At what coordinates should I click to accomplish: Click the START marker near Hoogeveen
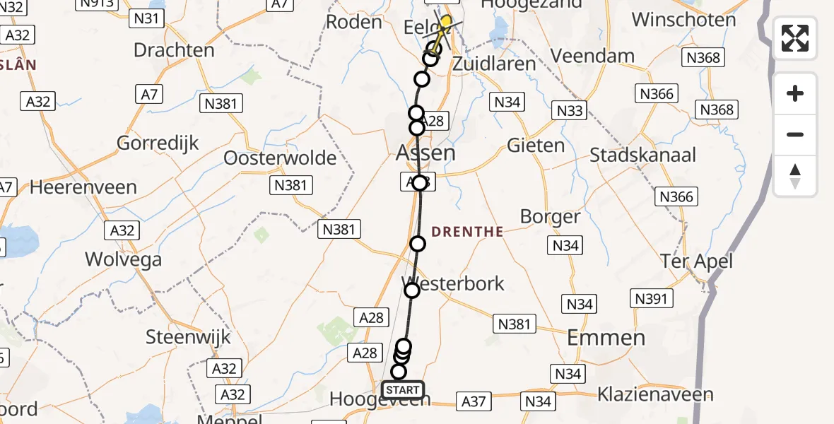403,389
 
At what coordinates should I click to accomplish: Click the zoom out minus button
795,134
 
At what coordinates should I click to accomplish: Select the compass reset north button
795,176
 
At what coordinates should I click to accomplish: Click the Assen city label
425,153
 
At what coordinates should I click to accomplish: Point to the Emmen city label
607,337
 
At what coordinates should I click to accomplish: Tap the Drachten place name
174,50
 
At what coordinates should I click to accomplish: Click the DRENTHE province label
467,231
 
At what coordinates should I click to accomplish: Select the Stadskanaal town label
643,155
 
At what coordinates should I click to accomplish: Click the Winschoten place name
684,19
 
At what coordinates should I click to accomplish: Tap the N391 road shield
651,299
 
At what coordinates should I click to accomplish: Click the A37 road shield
474,401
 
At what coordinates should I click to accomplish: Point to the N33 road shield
570,110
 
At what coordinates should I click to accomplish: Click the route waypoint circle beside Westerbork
411,290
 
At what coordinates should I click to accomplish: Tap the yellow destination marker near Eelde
446,20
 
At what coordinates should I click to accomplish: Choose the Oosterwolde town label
280,158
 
